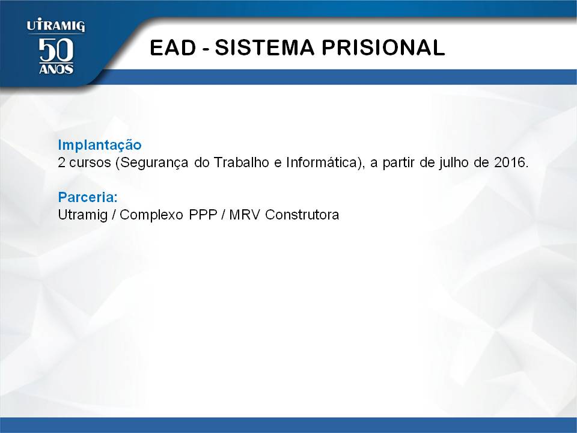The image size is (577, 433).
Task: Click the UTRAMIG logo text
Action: (x=56, y=25)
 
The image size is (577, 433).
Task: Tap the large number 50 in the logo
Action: (x=56, y=50)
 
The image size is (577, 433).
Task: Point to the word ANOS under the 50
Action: (x=56, y=69)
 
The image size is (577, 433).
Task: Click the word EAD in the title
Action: (x=173, y=48)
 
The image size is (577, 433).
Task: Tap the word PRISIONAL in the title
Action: (x=383, y=48)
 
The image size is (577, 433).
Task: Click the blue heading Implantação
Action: (x=100, y=146)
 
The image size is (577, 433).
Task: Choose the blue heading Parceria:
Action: (x=88, y=197)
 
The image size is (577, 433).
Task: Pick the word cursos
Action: (x=90, y=163)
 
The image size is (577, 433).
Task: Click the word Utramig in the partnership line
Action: (x=83, y=215)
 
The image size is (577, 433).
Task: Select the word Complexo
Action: (x=151, y=215)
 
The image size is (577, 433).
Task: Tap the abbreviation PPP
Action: (x=203, y=215)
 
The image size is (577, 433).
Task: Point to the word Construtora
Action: (x=302, y=215)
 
